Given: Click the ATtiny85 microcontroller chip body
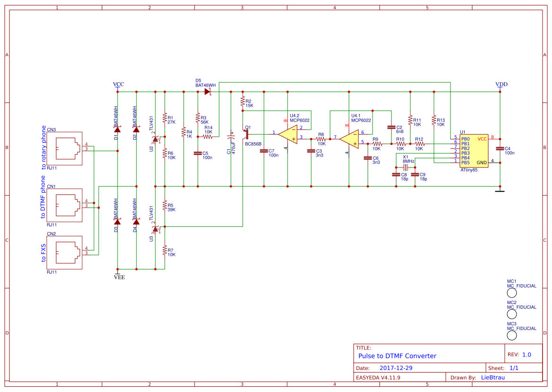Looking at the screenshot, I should pyautogui.click(x=474, y=150).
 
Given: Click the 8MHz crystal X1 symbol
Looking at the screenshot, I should pyautogui.click(x=405, y=167).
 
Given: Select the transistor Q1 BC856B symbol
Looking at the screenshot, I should pyautogui.click(x=246, y=134).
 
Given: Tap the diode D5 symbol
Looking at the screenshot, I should pyautogui.click(x=207, y=92).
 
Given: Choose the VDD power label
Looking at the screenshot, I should pyautogui.click(x=501, y=85).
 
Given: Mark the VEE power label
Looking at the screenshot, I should pyautogui.click(x=119, y=277).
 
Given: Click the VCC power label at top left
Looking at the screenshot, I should pyautogui.click(x=118, y=85).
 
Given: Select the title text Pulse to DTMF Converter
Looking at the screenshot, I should pyautogui.click(x=397, y=356).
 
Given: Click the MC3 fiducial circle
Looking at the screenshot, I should pyautogui.click(x=511, y=335).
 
